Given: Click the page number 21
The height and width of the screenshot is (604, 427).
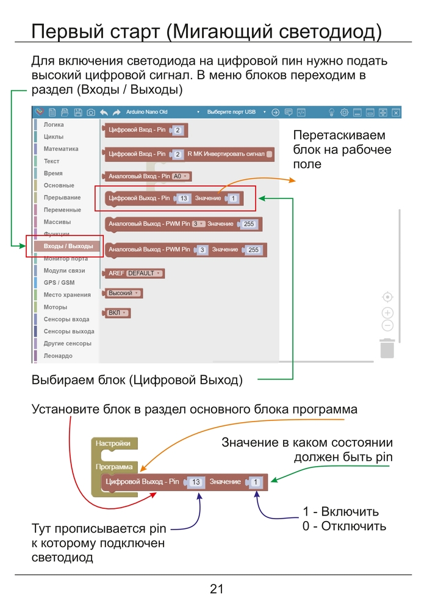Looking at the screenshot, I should coord(217,589).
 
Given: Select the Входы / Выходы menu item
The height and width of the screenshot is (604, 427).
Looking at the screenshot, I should coord(68,246).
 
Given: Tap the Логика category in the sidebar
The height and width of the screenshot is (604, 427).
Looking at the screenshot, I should coord(54,124).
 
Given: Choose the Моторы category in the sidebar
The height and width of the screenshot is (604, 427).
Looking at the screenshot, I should coord(56,307).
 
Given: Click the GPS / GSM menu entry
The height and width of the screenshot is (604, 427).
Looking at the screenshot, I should coord(59,282).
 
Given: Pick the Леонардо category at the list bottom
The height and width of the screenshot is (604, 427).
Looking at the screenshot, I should coord(58,355).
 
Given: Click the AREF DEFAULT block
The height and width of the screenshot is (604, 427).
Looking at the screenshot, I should coord(135,273).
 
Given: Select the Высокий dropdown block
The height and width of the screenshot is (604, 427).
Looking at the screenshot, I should coord(123,293).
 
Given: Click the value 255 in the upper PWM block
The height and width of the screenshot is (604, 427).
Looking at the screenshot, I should coord(249,225).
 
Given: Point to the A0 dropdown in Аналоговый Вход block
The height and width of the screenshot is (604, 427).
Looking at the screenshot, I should coord(181,176).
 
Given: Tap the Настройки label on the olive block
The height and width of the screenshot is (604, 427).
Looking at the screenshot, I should coord(114,444).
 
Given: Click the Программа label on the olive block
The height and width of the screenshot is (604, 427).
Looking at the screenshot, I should coord(114,467).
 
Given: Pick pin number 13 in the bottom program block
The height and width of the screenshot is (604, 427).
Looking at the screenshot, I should coord(196,482).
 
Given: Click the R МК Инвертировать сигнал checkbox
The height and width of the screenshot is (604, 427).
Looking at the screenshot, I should coord(270,154).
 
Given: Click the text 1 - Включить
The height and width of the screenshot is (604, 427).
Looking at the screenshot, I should coord(340,512).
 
